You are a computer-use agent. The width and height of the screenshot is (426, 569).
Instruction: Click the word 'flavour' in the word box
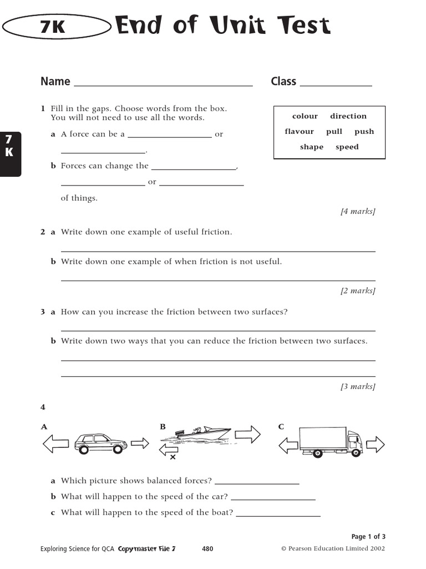tap(300, 132)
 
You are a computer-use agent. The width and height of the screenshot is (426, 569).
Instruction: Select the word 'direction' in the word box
tap(348, 116)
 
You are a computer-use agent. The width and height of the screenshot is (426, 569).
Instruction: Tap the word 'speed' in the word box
tap(347, 147)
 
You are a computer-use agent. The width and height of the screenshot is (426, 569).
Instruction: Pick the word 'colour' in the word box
tap(305, 116)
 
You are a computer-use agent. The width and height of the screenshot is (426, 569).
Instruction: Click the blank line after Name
tap(163, 85)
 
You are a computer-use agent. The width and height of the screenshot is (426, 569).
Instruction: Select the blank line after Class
tap(336, 85)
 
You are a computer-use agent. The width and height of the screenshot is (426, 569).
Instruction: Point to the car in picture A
tap(100, 443)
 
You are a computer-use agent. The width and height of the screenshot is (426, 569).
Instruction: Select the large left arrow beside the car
tap(56, 443)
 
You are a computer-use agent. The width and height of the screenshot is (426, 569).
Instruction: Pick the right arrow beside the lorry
tap(376, 444)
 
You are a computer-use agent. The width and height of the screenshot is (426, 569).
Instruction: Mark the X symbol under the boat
tap(173, 457)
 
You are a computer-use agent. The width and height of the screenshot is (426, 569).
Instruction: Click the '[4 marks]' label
tap(358, 211)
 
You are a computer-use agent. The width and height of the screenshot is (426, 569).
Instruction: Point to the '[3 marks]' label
tap(358, 386)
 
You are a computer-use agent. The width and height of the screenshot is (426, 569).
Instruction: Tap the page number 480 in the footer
tap(207, 549)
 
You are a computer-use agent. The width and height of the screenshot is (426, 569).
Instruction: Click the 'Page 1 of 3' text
tap(368, 537)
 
